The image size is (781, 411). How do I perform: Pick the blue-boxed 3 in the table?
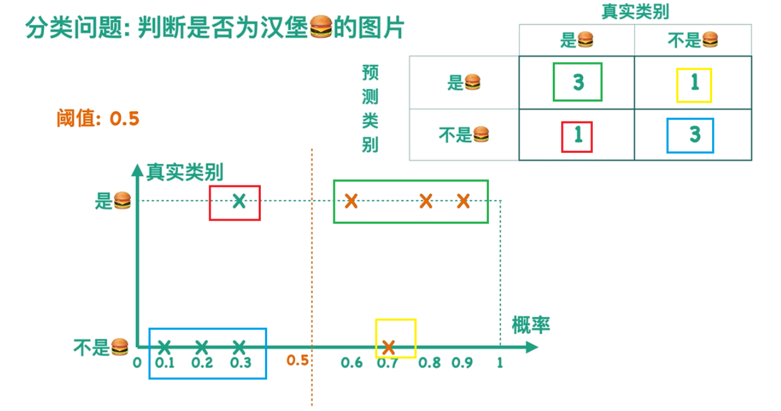tap(695, 135)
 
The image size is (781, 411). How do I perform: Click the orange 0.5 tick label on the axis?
tap(298, 361)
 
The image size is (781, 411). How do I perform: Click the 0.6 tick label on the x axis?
tap(352, 363)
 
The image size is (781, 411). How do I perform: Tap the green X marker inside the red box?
tap(238, 201)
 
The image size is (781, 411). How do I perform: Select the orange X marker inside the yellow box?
tap(389, 346)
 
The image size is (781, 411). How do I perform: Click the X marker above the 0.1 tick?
tap(164, 346)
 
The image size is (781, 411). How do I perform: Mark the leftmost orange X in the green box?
tap(351, 201)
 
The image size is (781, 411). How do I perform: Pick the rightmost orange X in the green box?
tap(463, 201)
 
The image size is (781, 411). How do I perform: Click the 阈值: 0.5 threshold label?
tap(98, 118)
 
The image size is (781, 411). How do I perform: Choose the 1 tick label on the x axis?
tap(500, 363)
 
